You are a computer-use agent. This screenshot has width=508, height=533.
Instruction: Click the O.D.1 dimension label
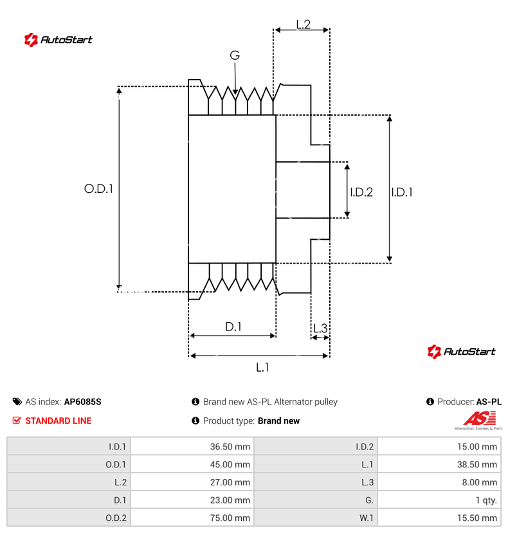pyautogui.click(x=98, y=189)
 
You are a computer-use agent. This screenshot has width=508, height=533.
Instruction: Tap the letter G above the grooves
pyautogui.click(x=235, y=56)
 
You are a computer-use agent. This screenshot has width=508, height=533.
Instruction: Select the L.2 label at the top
pyautogui.click(x=303, y=24)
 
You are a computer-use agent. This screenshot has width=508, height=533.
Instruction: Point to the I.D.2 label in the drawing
pyautogui.click(x=361, y=192)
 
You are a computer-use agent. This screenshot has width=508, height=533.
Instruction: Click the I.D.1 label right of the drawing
pyautogui.click(x=402, y=192)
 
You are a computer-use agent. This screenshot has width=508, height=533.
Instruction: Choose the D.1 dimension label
pyautogui.click(x=233, y=327)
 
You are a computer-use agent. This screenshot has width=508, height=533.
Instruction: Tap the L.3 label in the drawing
pyautogui.click(x=320, y=329)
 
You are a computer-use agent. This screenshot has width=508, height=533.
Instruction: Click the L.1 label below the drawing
pyautogui.click(x=262, y=367)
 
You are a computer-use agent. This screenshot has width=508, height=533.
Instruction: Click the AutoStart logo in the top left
pyautogui.click(x=59, y=40)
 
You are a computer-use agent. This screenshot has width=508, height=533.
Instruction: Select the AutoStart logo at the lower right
pyautogui.click(x=461, y=351)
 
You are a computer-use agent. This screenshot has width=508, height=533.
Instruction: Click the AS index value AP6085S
pyautogui.click(x=83, y=402)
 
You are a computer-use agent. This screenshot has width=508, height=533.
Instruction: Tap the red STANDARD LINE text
pyautogui.click(x=58, y=421)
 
